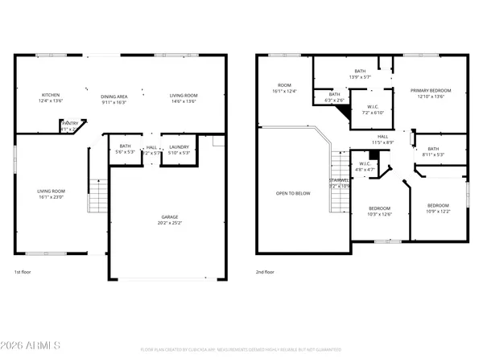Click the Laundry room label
tap(179, 147)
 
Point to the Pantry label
tap(71, 123)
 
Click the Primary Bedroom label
tap(429, 90)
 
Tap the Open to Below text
tap(292, 193)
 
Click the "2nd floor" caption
tap(265, 272)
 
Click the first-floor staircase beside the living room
tap(98, 195)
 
